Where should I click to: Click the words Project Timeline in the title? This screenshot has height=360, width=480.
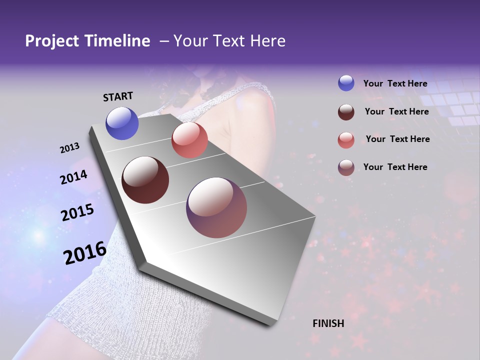click(87, 41)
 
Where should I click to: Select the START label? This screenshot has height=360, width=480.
click(118, 96)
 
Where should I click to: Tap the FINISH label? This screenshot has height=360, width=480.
click(328, 323)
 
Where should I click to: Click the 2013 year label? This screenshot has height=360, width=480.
click(69, 148)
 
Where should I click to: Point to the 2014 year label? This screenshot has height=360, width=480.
click(73, 177)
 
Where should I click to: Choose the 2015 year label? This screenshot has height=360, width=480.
click(77, 212)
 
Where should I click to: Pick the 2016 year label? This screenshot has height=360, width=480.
click(85, 252)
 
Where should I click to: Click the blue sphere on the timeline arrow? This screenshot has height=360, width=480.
click(122, 123)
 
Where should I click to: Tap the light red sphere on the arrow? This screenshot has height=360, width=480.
click(189, 140)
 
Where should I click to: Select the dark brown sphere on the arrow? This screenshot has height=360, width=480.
click(145, 180)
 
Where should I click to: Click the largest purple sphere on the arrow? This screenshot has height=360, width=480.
click(216, 207)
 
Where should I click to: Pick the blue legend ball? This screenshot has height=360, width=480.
click(346, 83)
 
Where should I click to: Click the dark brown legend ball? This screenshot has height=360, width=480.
click(346, 111)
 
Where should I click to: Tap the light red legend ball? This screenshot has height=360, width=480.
click(346, 139)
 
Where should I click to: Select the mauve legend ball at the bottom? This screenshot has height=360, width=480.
click(346, 167)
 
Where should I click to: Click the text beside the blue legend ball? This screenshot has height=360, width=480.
click(395, 84)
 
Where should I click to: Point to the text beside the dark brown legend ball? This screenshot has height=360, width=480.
click(396, 111)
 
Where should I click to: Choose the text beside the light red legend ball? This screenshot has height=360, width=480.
click(397, 139)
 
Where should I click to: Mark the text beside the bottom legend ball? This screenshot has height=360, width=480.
click(395, 167)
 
